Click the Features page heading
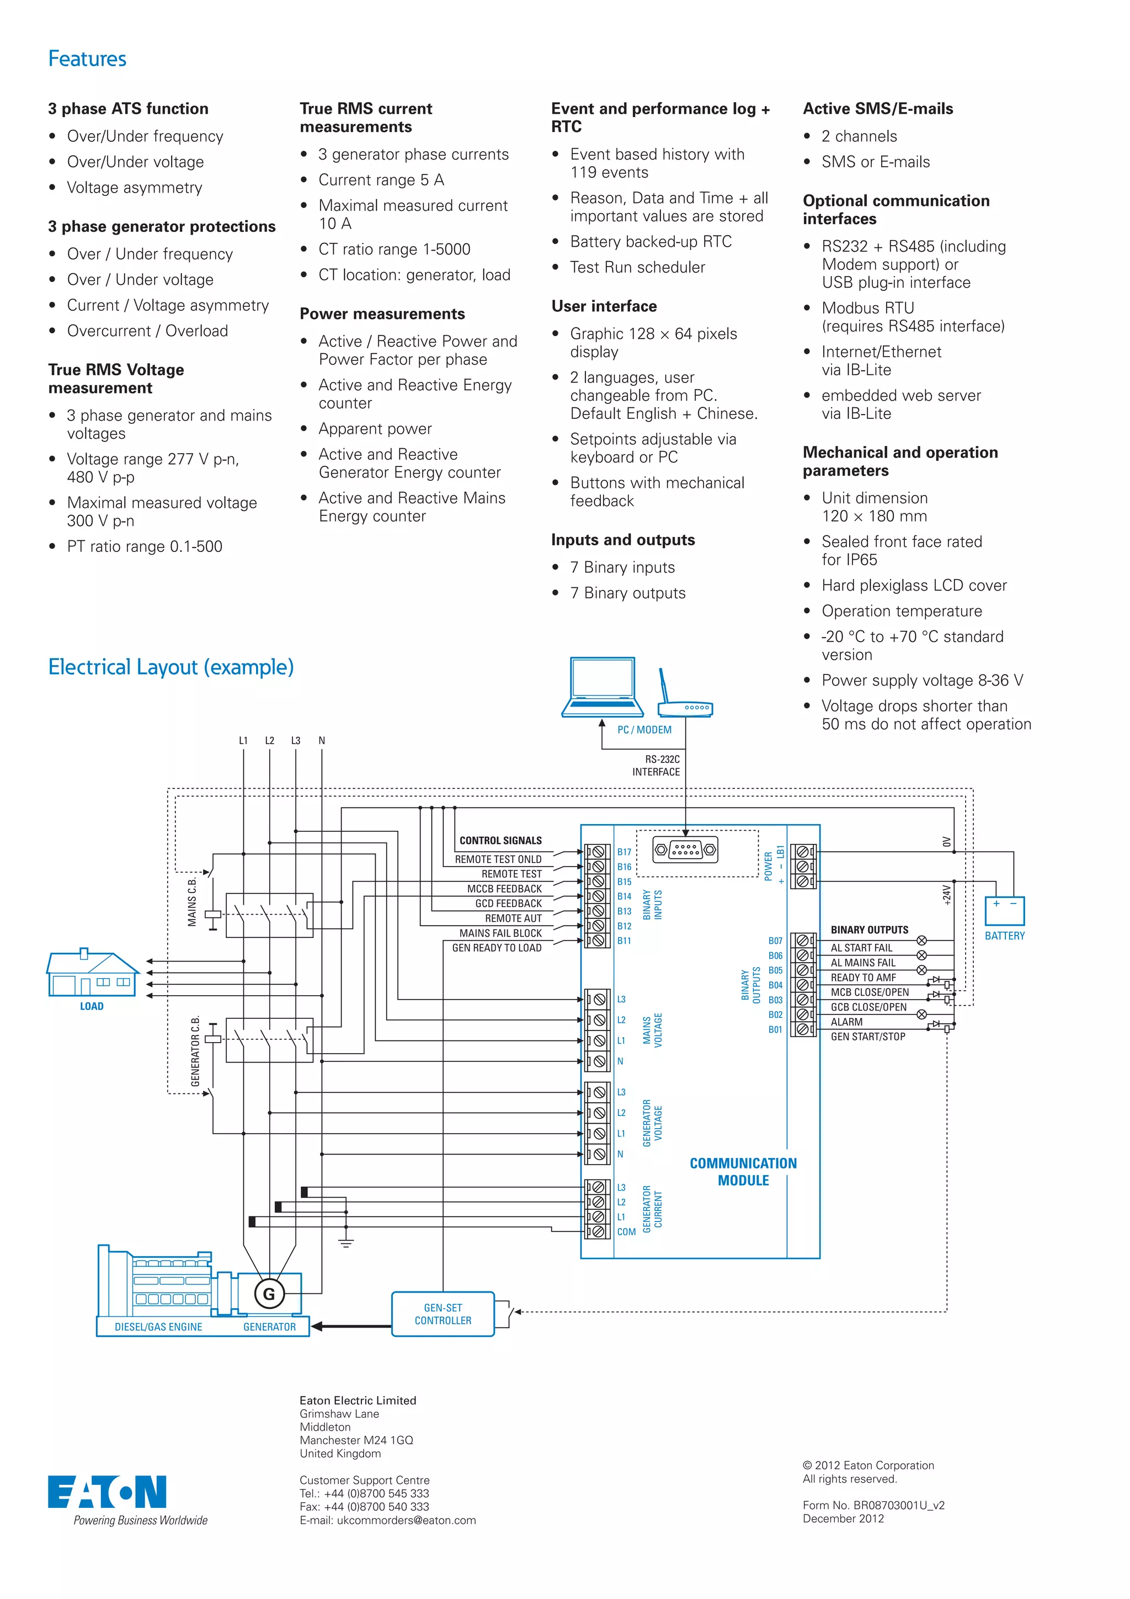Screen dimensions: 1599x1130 point(87,59)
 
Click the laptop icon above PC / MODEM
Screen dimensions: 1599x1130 point(603,687)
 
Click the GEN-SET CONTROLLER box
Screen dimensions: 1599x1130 point(443,1314)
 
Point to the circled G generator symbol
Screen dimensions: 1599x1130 point(269,1294)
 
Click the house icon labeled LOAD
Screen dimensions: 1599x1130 point(92,973)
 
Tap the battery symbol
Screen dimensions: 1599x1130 point(1004,910)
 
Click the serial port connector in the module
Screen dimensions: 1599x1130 point(685,849)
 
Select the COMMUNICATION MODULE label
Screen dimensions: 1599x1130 point(743,1171)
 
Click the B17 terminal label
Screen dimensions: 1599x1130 point(624,852)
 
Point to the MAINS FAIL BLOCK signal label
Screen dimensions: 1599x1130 point(500,933)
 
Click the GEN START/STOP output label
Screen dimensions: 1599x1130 point(867,1037)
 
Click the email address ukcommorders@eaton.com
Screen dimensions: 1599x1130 point(406,1520)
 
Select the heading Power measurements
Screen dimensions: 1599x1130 point(382,314)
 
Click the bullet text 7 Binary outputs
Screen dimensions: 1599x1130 point(627,593)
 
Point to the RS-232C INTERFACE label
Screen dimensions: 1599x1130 point(656,766)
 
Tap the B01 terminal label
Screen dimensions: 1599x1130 point(775,1029)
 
